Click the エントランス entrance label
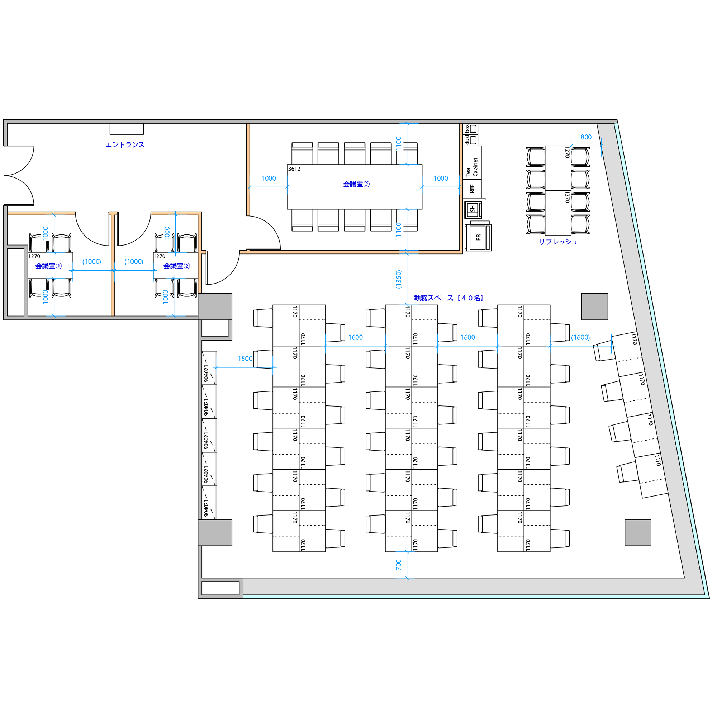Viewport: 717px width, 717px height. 125,145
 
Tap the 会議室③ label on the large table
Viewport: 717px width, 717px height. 356,184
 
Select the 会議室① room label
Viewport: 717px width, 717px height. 49,266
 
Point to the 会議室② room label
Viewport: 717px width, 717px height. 177,266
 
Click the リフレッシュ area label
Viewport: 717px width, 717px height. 558,242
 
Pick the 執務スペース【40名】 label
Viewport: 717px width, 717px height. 449,298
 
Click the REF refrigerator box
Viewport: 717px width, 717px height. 472,189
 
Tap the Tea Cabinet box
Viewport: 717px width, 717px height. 472,163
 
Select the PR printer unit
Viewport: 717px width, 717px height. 478,237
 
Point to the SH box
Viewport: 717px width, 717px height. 473,209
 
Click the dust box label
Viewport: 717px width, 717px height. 467,134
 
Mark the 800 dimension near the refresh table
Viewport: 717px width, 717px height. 586,137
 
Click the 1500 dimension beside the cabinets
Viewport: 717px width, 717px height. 245,359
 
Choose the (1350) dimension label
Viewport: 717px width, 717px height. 399,280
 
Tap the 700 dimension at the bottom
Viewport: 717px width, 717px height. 399,565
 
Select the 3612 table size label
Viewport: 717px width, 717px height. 294,169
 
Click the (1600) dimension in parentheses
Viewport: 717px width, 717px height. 580,337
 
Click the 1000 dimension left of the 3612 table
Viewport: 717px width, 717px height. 269,179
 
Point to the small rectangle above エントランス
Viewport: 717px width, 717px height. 127,129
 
